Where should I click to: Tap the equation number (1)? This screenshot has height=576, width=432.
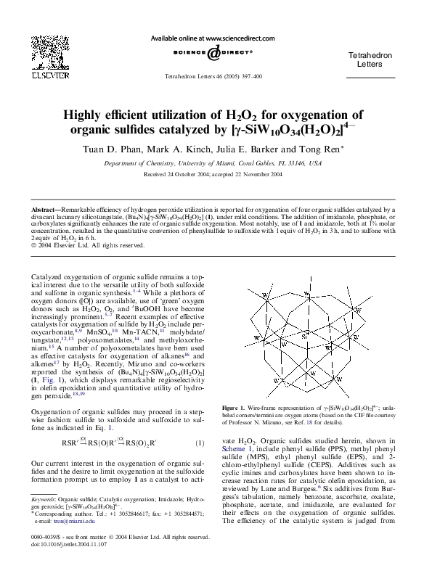click(200, 443)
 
